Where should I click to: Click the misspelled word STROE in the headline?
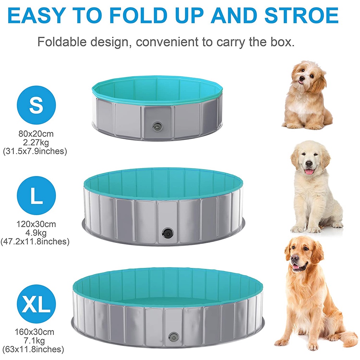pyautogui.click(x=301, y=15)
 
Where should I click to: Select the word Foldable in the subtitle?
pyautogui.click(x=62, y=42)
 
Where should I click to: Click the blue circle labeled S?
pyautogui.click(x=36, y=105)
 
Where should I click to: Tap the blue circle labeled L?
pyautogui.click(x=36, y=195)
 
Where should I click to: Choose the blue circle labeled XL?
pyautogui.click(x=36, y=304)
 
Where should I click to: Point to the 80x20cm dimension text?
pyautogui.click(x=36, y=134)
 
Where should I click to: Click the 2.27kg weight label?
pyautogui.click(x=36, y=143)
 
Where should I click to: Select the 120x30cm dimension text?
pyautogui.click(x=36, y=224)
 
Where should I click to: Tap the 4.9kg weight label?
pyautogui.click(x=36, y=233)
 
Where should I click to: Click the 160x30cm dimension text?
pyautogui.click(x=34, y=332)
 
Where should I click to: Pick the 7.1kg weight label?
pyautogui.click(x=34, y=341)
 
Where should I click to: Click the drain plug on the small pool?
pyautogui.click(x=157, y=126)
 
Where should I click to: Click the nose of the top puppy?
pyautogui.click(x=302, y=78)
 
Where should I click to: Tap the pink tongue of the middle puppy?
pyautogui.click(x=310, y=171)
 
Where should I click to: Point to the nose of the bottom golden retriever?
pyautogui.click(x=294, y=258)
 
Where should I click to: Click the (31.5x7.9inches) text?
pyautogui.click(x=35, y=151)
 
